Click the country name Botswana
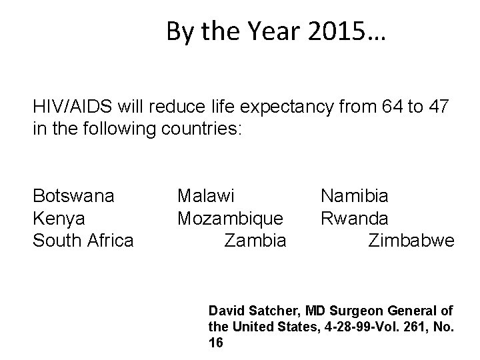73,196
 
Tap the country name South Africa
83,240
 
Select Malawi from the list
206,196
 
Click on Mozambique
231,218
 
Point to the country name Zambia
255,240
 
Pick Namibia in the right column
355,196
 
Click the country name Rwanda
355,218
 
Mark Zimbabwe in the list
411,240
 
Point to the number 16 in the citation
216,343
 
